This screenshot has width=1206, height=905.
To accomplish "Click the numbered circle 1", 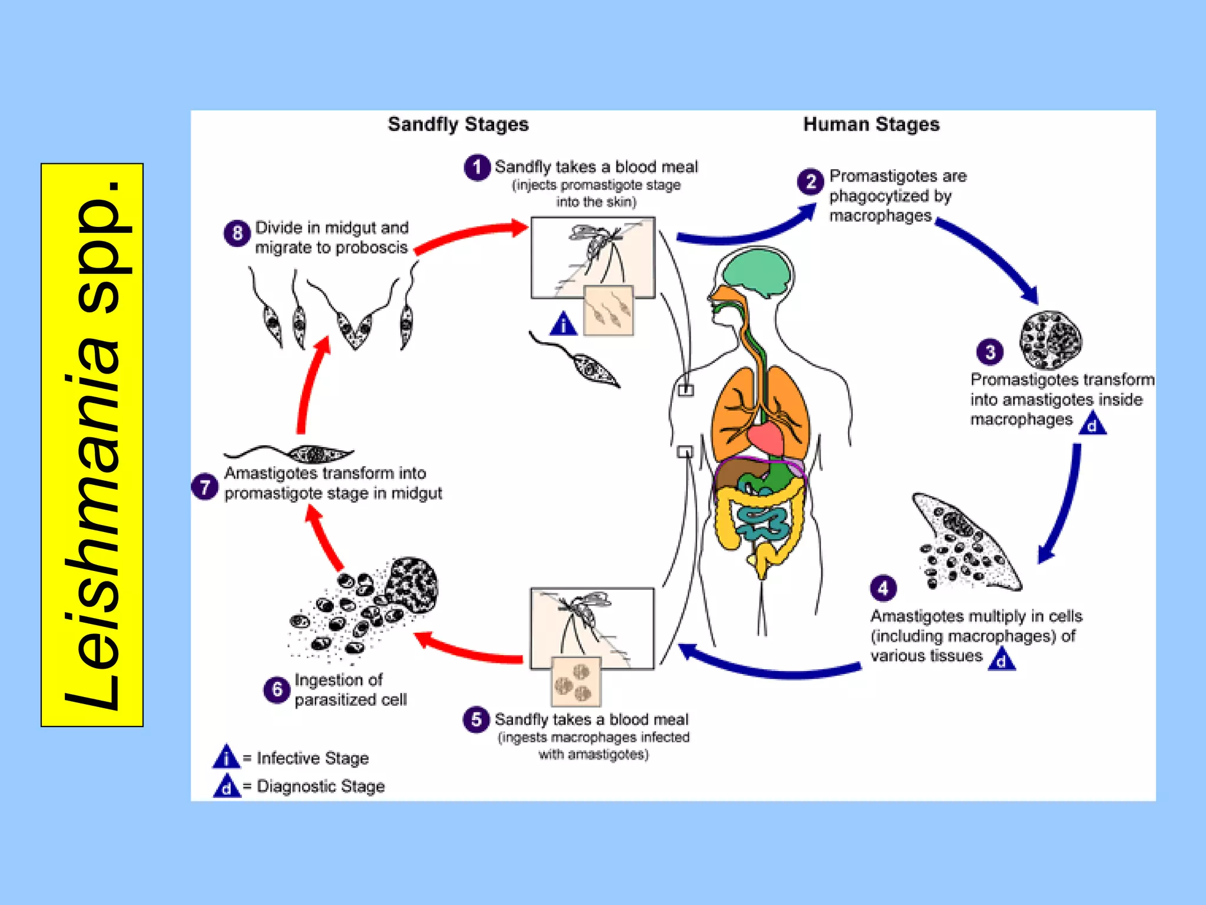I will (x=477, y=167).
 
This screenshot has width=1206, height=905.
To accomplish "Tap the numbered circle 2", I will (x=811, y=181).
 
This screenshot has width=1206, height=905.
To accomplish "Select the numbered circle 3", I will (x=990, y=352).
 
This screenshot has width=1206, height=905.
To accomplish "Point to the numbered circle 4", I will (x=883, y=587).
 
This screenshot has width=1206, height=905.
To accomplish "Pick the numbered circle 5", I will (x=476, y=719).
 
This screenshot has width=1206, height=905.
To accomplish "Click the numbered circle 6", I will (x=277, y=689).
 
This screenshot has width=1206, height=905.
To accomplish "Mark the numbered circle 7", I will (x=204, y=487).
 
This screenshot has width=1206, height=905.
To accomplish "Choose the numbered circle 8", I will (x=237, y=233).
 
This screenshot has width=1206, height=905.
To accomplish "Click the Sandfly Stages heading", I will (x=458, y=124).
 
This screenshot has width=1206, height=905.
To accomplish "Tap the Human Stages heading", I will (x=871, y=124).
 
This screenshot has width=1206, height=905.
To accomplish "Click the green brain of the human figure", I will (x=757, y=272).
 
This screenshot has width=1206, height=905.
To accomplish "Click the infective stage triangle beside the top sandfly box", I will (x=563, y=324).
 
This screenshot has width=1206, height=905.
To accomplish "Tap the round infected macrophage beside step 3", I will (x=1051, y=340).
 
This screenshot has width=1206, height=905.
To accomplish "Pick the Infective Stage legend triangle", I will (x=226, y=758).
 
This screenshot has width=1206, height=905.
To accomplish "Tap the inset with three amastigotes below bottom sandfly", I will (x=576, y=682).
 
